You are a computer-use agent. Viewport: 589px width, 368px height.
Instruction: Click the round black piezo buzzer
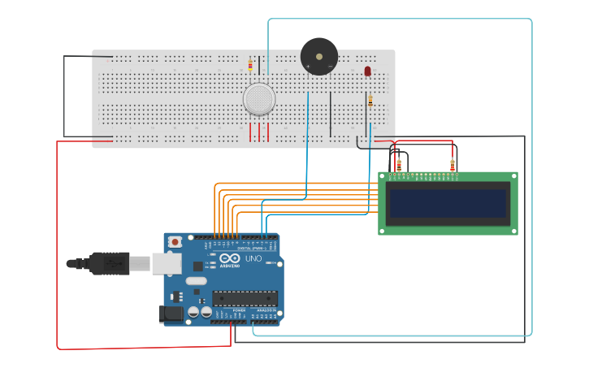tap(318, 57)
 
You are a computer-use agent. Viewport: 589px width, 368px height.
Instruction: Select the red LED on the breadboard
tap(367, 71)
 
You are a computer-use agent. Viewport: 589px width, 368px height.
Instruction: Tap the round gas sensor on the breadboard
tap(258, 98)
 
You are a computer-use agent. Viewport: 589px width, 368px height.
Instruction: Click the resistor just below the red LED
tap(370, 100)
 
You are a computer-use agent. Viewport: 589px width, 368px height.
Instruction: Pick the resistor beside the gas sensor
tap(250, 65)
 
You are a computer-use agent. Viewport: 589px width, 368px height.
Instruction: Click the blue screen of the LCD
tap(448, 204)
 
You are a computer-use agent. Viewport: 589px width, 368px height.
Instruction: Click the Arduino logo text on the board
tap(231, 266)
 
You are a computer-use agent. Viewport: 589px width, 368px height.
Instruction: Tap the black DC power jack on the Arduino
tap(171, 313)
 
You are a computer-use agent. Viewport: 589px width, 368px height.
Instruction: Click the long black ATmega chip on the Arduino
tap(245, 298)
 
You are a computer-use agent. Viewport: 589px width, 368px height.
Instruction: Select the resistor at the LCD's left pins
tap(399, 167)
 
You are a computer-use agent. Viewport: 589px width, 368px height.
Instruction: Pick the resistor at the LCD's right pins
tap(452, 167)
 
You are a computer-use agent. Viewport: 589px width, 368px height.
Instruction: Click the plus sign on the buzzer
tap(308, 66)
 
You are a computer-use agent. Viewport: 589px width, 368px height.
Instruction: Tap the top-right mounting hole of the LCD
tap(513, 175)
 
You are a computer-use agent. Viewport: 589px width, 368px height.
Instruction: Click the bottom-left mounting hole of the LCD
tap(383, 231)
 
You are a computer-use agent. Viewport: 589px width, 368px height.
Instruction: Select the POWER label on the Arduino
tap(239, 310)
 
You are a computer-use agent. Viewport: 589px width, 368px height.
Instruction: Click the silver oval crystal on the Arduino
tap(196, 281)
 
